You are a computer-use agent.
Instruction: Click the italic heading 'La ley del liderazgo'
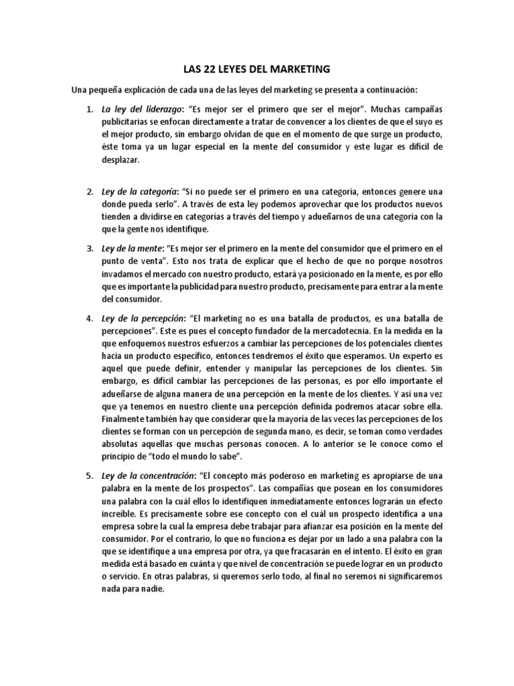coord(139,108)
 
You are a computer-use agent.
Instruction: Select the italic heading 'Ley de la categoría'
coord(138,192)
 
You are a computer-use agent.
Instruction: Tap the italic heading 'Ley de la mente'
coord(131,249)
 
